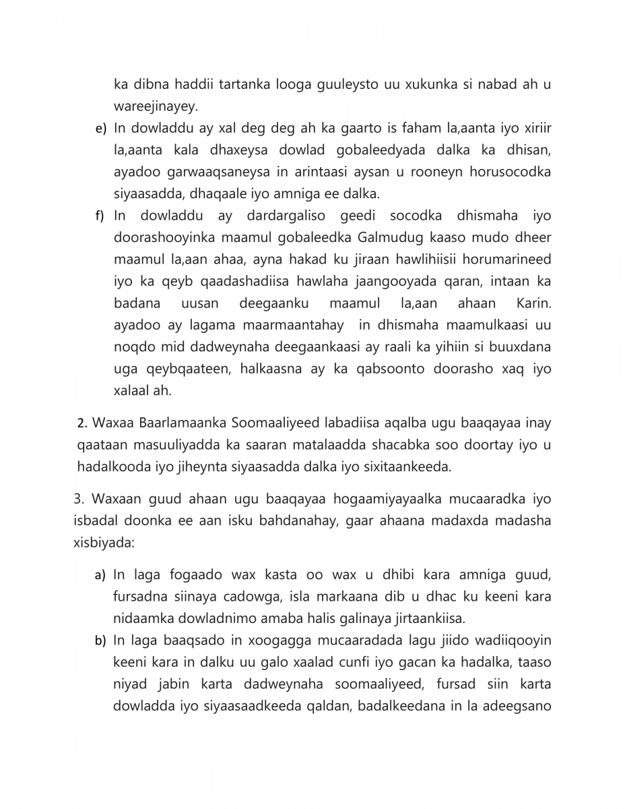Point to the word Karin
(x=533, y=303)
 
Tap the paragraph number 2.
(x=82, y=424)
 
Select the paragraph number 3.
(x=77, y=500)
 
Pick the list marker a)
(x=100, y=576)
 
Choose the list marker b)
(x=100, y=640)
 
